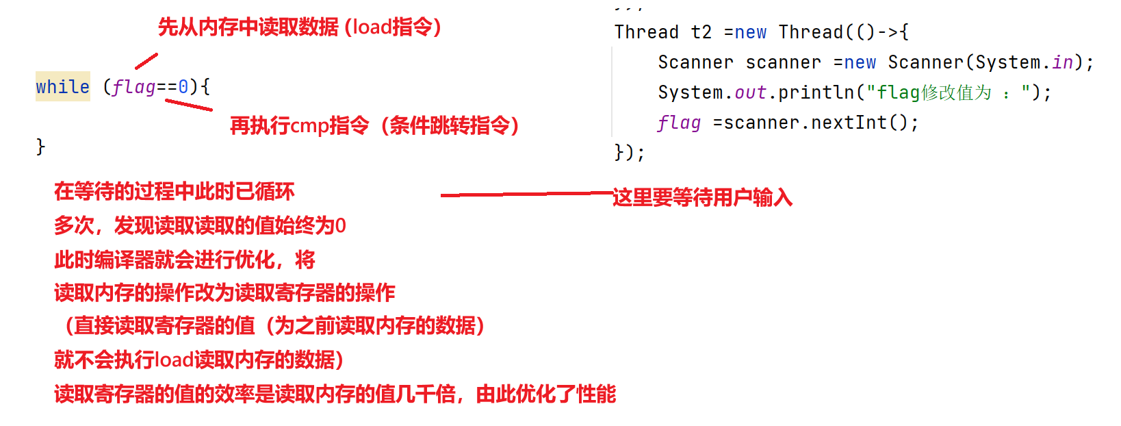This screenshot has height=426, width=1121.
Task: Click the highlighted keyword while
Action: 62,87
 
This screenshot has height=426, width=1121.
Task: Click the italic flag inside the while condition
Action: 134,87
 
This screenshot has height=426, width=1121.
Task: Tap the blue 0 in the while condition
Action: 183,87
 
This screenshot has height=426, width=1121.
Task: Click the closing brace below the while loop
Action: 40,146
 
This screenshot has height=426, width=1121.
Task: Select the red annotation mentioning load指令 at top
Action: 300,27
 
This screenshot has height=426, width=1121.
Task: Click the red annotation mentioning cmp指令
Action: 374,126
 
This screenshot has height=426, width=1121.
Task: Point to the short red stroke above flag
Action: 146,62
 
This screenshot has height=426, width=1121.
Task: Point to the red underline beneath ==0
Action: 189,105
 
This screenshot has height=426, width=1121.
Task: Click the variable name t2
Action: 701,32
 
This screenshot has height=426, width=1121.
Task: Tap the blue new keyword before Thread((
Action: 750,32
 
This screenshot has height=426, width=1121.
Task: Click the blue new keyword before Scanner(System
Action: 860,62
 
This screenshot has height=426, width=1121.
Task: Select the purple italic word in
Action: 1063,62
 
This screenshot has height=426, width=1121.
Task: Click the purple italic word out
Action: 750,92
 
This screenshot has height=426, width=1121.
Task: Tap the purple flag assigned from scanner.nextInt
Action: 679,123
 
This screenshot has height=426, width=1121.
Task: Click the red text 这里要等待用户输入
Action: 702,198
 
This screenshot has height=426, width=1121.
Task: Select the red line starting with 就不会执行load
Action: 198,360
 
